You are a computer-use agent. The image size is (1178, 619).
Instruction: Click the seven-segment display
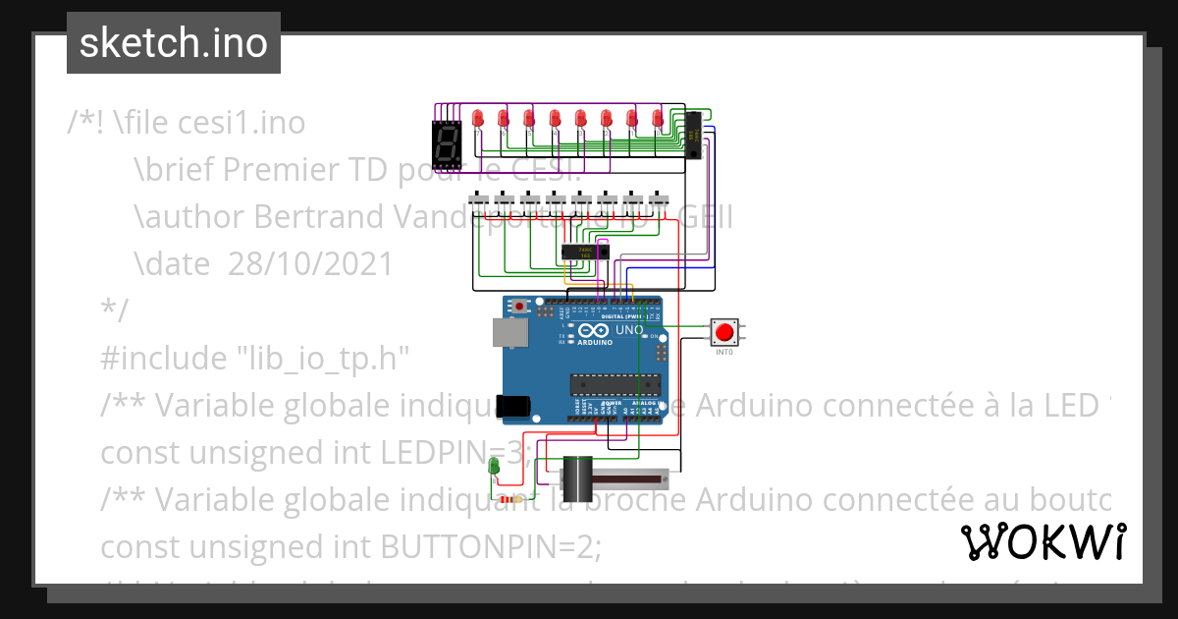click(x=448, y=143)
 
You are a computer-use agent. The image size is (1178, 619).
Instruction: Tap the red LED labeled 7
click(x=478, y=119)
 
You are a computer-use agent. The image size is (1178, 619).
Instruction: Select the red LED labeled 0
click(x=659, y=119)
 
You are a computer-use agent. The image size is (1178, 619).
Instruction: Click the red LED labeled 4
click(x=555, y=119)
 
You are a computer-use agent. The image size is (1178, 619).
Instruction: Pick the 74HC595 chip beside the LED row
click(x=692, y=135)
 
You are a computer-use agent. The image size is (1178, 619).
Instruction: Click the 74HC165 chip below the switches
click(x=585, y=253)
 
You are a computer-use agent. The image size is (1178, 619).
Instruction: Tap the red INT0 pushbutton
click(x=724, y=332)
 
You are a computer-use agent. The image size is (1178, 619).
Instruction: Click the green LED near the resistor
click(x=495, y=467)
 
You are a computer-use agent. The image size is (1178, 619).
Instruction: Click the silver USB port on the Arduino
click(x=509, y=334)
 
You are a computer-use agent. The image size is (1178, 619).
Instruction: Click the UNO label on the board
click(x=628, y=331)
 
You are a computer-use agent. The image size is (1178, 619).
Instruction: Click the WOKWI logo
click(x=1043, y=542)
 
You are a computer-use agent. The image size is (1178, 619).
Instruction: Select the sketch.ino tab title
click(x=174, y=43)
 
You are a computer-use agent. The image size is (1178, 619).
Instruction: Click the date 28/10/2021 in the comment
click(x=310, y=264)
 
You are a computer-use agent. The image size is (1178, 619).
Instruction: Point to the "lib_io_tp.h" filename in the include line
click(x=324, y=357)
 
